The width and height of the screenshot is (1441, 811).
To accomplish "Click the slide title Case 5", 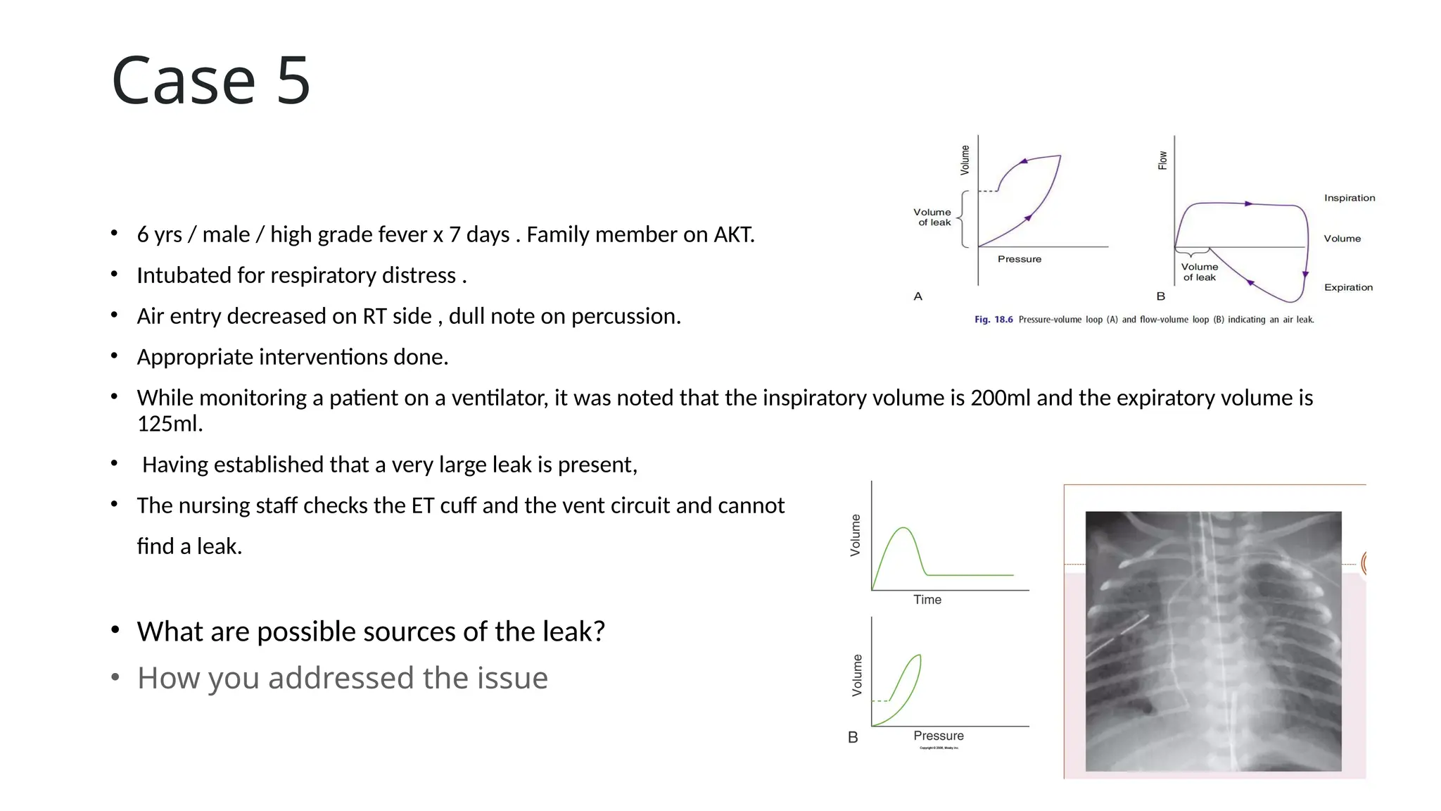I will click(210, 81).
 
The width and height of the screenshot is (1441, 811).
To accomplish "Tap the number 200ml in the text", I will click(1000, 398).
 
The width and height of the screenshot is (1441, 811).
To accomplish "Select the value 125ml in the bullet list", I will click(169, 424).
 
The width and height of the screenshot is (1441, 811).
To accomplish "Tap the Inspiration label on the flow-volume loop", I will click(1349, 198).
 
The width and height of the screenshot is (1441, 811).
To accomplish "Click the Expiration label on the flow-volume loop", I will click(1348, 287).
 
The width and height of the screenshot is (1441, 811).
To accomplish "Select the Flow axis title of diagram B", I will click(1162, 161).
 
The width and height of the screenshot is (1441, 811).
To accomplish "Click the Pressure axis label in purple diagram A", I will click(1019, 259).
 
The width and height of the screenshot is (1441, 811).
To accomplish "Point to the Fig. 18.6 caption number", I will click(993, 320).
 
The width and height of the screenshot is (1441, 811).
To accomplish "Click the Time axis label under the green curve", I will click(927, 600).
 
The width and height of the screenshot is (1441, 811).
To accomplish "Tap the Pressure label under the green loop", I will click(938, 736).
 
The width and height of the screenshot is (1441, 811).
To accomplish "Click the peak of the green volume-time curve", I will click(904, 528).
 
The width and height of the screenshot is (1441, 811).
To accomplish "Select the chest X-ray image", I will click(1213, 641).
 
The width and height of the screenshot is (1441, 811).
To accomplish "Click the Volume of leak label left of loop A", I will click(932, 217).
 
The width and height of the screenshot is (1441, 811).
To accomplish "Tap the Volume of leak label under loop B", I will click(1199, 272).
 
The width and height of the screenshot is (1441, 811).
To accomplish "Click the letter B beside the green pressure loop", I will click(853, 737).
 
